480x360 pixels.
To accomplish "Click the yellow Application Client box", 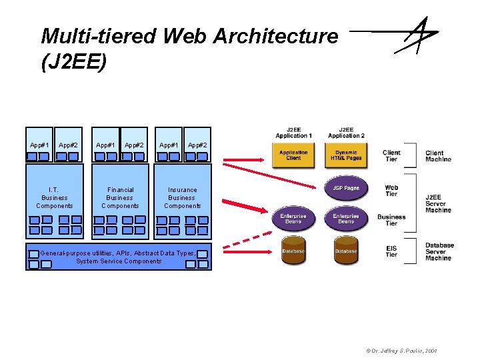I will click(293, 155).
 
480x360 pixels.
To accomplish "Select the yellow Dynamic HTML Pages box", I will click(346, 155).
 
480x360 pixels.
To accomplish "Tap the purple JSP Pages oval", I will click(346, 188).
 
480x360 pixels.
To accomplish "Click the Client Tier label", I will click(391, 156).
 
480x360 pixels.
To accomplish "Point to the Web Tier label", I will click(391, 191).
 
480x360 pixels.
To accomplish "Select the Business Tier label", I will click(391, 220).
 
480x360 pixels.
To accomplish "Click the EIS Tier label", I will click(391, 251).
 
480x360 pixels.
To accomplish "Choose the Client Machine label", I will click(438, 156).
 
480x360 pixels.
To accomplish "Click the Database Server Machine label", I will click(439, 251).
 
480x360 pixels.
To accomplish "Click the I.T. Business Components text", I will click(55, 198).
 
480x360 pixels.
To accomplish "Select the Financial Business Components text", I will click(120, 198).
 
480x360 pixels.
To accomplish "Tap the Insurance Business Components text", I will click(182, 198).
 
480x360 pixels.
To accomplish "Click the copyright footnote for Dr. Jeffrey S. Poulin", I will click(402, 351).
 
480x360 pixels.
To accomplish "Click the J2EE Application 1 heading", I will click(293, 132).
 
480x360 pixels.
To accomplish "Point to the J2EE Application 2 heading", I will click(346, 132).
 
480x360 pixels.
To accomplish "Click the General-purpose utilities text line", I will click(119, 253).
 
